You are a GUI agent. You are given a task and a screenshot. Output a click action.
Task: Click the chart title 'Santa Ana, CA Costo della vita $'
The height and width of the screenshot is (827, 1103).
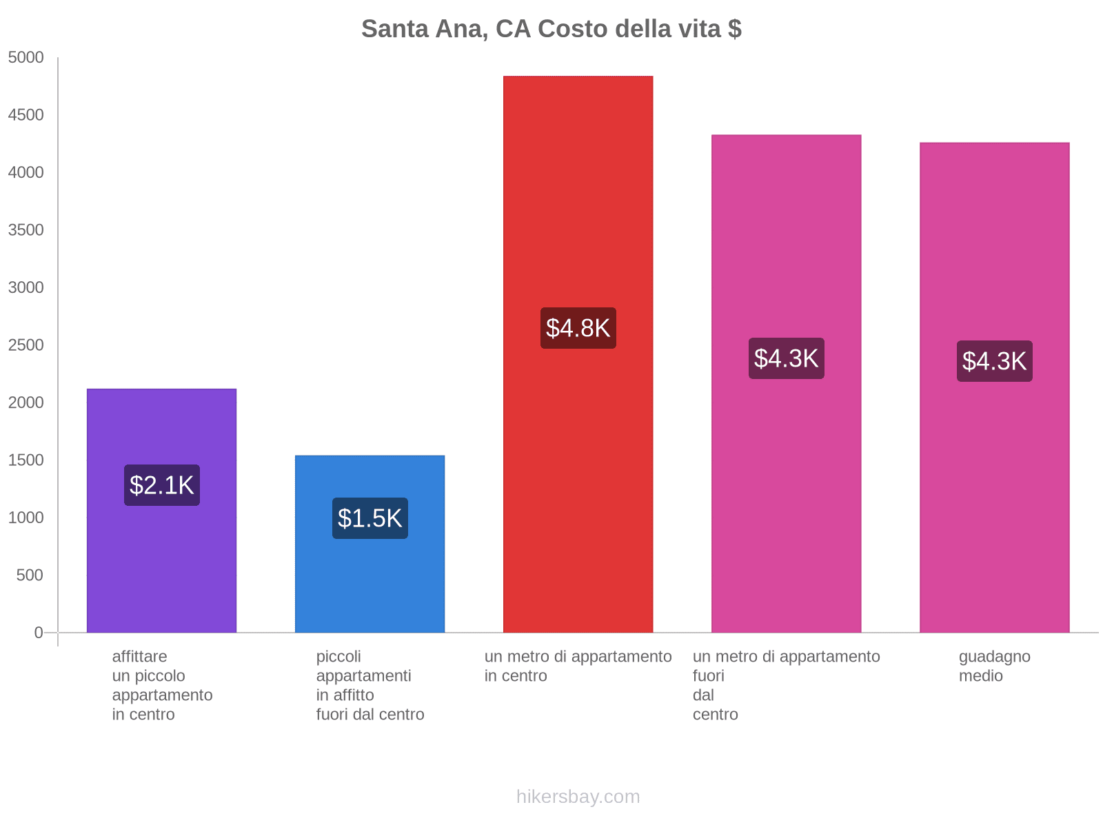(551, 29)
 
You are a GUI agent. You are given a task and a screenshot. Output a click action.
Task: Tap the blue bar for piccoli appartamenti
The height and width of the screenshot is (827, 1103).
(370, 586)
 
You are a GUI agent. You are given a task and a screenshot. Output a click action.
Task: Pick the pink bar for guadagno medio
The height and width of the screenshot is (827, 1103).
(994, 482)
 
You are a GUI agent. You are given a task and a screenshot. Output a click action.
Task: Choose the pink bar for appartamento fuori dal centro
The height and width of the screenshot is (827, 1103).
(786, 482)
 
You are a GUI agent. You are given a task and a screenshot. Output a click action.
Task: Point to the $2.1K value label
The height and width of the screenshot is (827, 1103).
(162, 485)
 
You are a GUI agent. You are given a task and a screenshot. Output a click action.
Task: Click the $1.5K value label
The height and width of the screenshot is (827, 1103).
(370, 518)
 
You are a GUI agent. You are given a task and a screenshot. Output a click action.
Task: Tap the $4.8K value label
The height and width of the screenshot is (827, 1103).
(578, 328)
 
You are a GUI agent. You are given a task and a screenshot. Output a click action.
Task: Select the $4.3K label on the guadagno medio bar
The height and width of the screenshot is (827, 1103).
(995, 361)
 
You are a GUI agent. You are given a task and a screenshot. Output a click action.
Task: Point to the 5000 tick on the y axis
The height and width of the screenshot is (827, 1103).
(26, 58)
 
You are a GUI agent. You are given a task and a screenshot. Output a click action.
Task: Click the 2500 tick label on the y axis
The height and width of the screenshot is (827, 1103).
(26, 345)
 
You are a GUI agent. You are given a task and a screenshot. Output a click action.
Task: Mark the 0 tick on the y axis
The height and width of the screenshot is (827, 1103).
(39, 633)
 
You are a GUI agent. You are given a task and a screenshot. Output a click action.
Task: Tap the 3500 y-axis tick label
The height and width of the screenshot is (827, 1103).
(26, 230)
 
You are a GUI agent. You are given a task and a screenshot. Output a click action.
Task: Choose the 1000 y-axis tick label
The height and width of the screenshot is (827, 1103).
(26, 518)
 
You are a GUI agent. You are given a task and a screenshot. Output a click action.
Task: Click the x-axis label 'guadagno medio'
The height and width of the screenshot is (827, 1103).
(994, 666)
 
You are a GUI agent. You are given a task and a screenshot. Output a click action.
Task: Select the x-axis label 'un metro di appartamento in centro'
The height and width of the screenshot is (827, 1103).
(578, 666)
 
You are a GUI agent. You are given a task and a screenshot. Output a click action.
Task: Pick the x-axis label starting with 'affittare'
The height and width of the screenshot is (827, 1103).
(162, 685)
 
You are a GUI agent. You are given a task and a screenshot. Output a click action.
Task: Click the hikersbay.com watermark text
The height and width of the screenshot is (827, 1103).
(578, 797)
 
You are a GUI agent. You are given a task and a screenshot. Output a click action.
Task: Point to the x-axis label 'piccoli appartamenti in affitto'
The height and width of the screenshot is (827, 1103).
(370, 685)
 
